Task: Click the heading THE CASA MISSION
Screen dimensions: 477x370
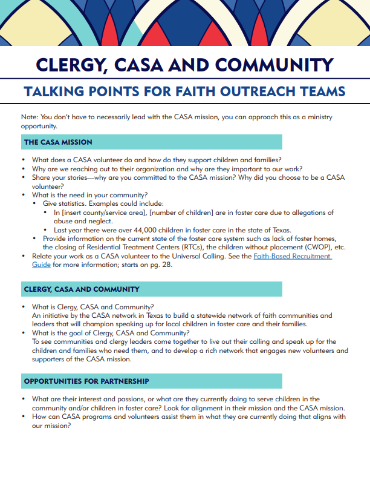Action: pos(58,142)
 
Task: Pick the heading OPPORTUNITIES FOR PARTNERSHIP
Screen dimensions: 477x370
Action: pos(86,381)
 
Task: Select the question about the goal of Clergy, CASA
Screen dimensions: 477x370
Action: pos(111,333)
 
